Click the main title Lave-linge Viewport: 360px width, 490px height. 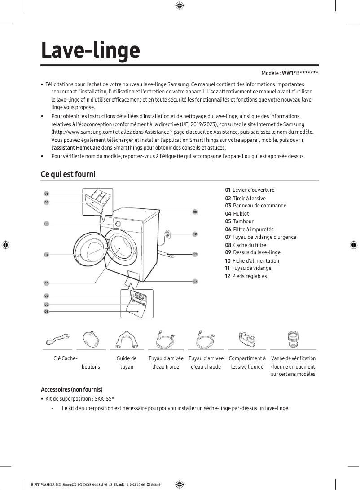90,51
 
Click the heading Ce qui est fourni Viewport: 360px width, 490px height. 68,174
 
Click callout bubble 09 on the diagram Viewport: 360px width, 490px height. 195,212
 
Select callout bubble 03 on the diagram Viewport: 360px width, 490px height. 46,223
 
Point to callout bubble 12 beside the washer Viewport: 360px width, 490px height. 195,282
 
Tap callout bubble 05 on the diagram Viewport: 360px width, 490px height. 46,283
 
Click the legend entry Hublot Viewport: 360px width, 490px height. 241,214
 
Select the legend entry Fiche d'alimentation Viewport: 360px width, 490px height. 255,260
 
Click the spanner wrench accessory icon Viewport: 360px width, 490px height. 57,340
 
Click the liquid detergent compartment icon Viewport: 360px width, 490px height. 246,339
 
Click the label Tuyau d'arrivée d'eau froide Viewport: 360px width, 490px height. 166,362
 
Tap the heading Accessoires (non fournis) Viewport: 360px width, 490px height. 72,389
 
